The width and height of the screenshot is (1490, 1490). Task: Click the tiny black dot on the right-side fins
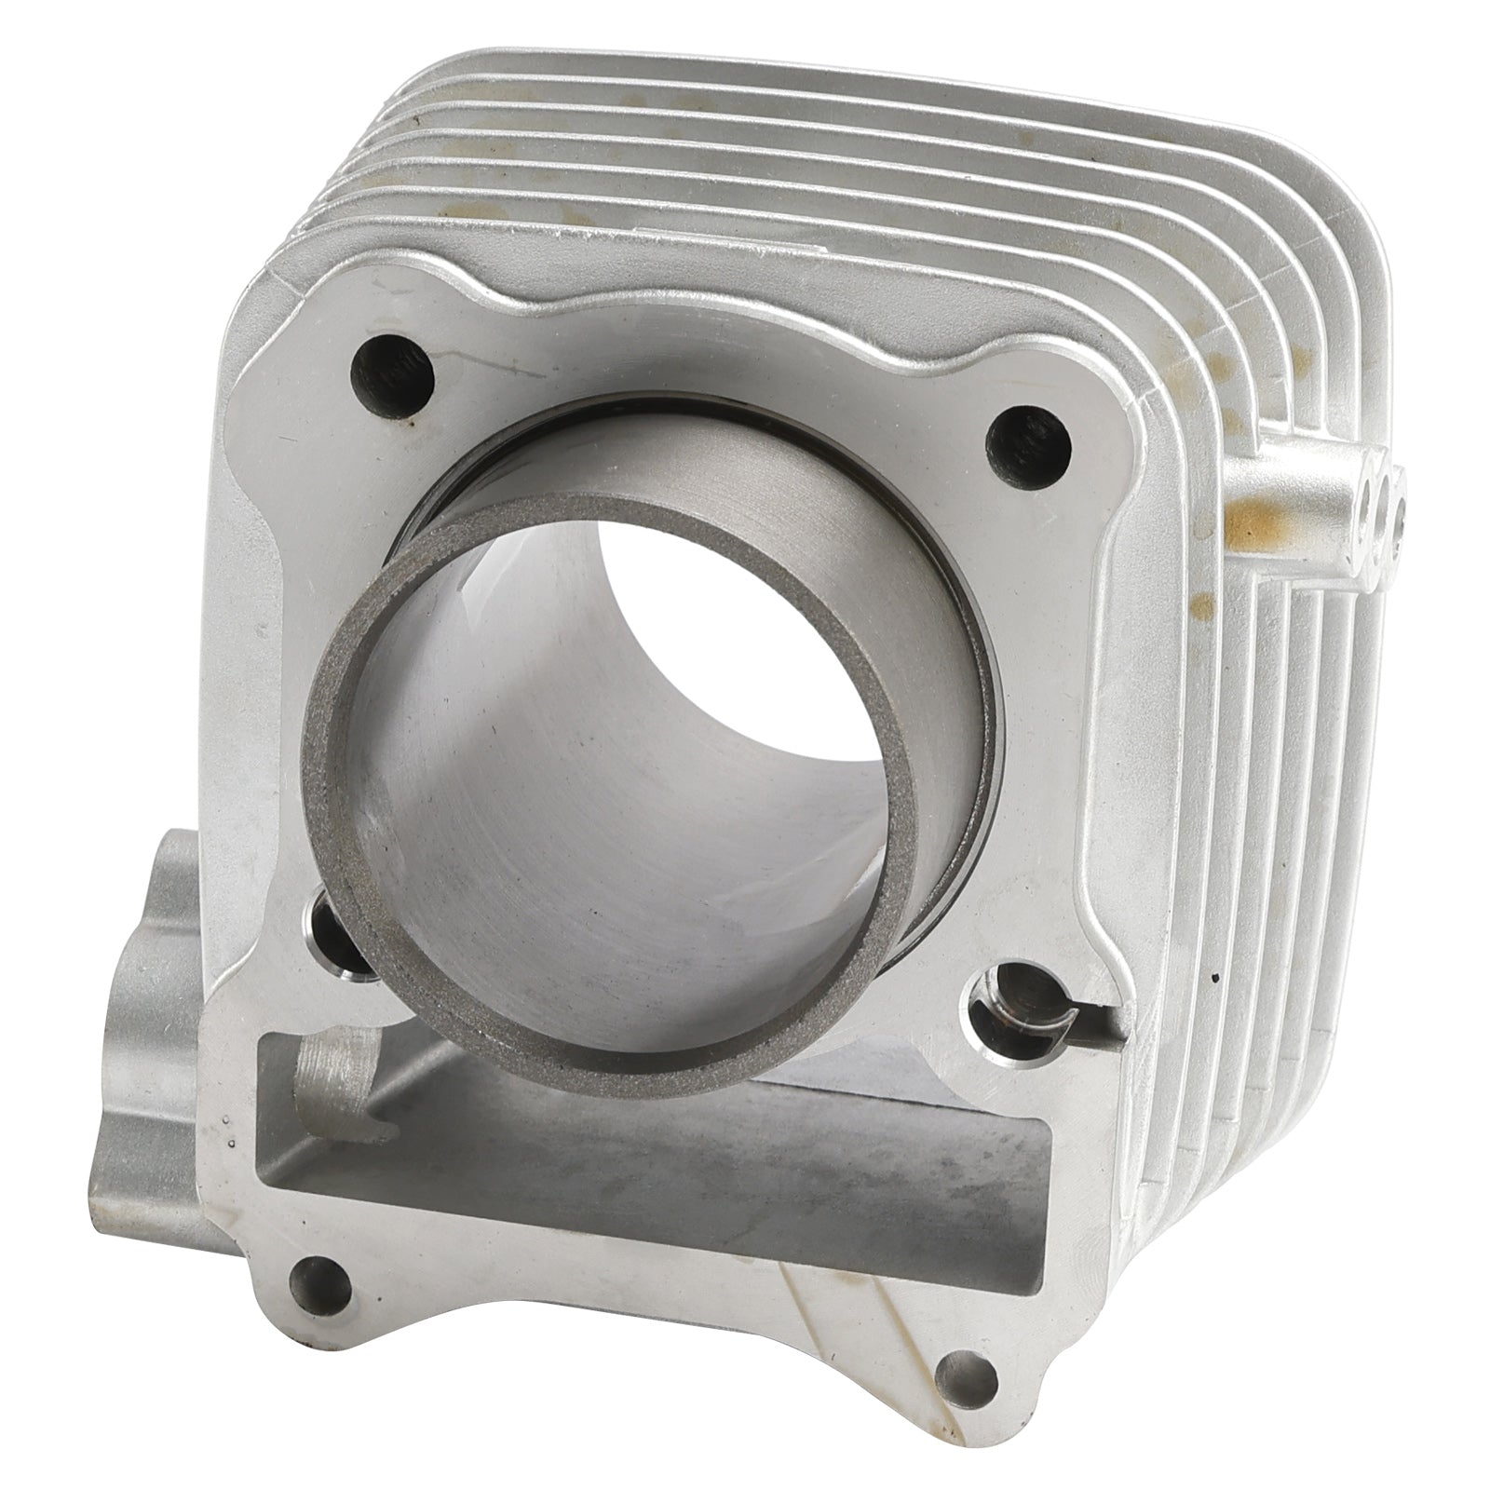[1213, 980]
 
